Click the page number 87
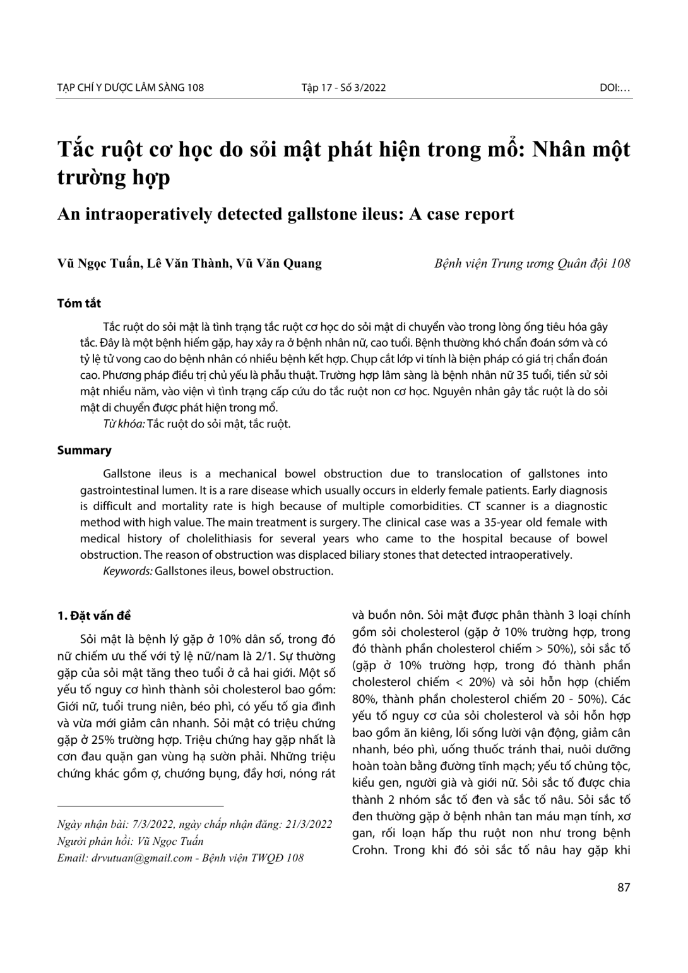[x=624, y=887]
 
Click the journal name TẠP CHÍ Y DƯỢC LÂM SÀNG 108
[x=131, y=88]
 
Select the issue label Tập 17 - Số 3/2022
[x=343, y=88]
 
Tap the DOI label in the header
[x=615, y=88]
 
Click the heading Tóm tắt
[x=79, y=304]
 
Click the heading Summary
[x=84, y=450]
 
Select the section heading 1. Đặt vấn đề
[x=93, y=616]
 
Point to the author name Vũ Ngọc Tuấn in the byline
[x=98, y=263]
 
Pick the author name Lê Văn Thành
[x=187, y=263]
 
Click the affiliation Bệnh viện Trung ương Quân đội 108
[x=532, y=263]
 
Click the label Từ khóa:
[x=124, y=424]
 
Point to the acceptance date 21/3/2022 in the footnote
[x=309, y=825]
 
